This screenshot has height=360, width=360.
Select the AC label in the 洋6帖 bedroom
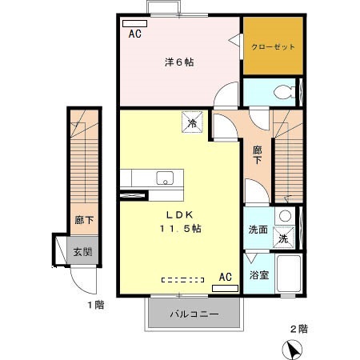(x=134, y=34)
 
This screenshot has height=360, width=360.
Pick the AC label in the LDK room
(x=226, y=277)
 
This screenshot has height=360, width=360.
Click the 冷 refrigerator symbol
(x=192, y=122)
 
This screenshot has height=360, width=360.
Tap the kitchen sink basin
(x=166, y=178)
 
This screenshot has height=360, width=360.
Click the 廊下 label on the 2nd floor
(x=258, y=154)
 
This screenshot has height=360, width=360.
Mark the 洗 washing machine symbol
(x=282, y=238)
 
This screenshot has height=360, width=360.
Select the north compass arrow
(x=292, y=349)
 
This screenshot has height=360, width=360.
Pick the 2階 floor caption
(x=299, y=328)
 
